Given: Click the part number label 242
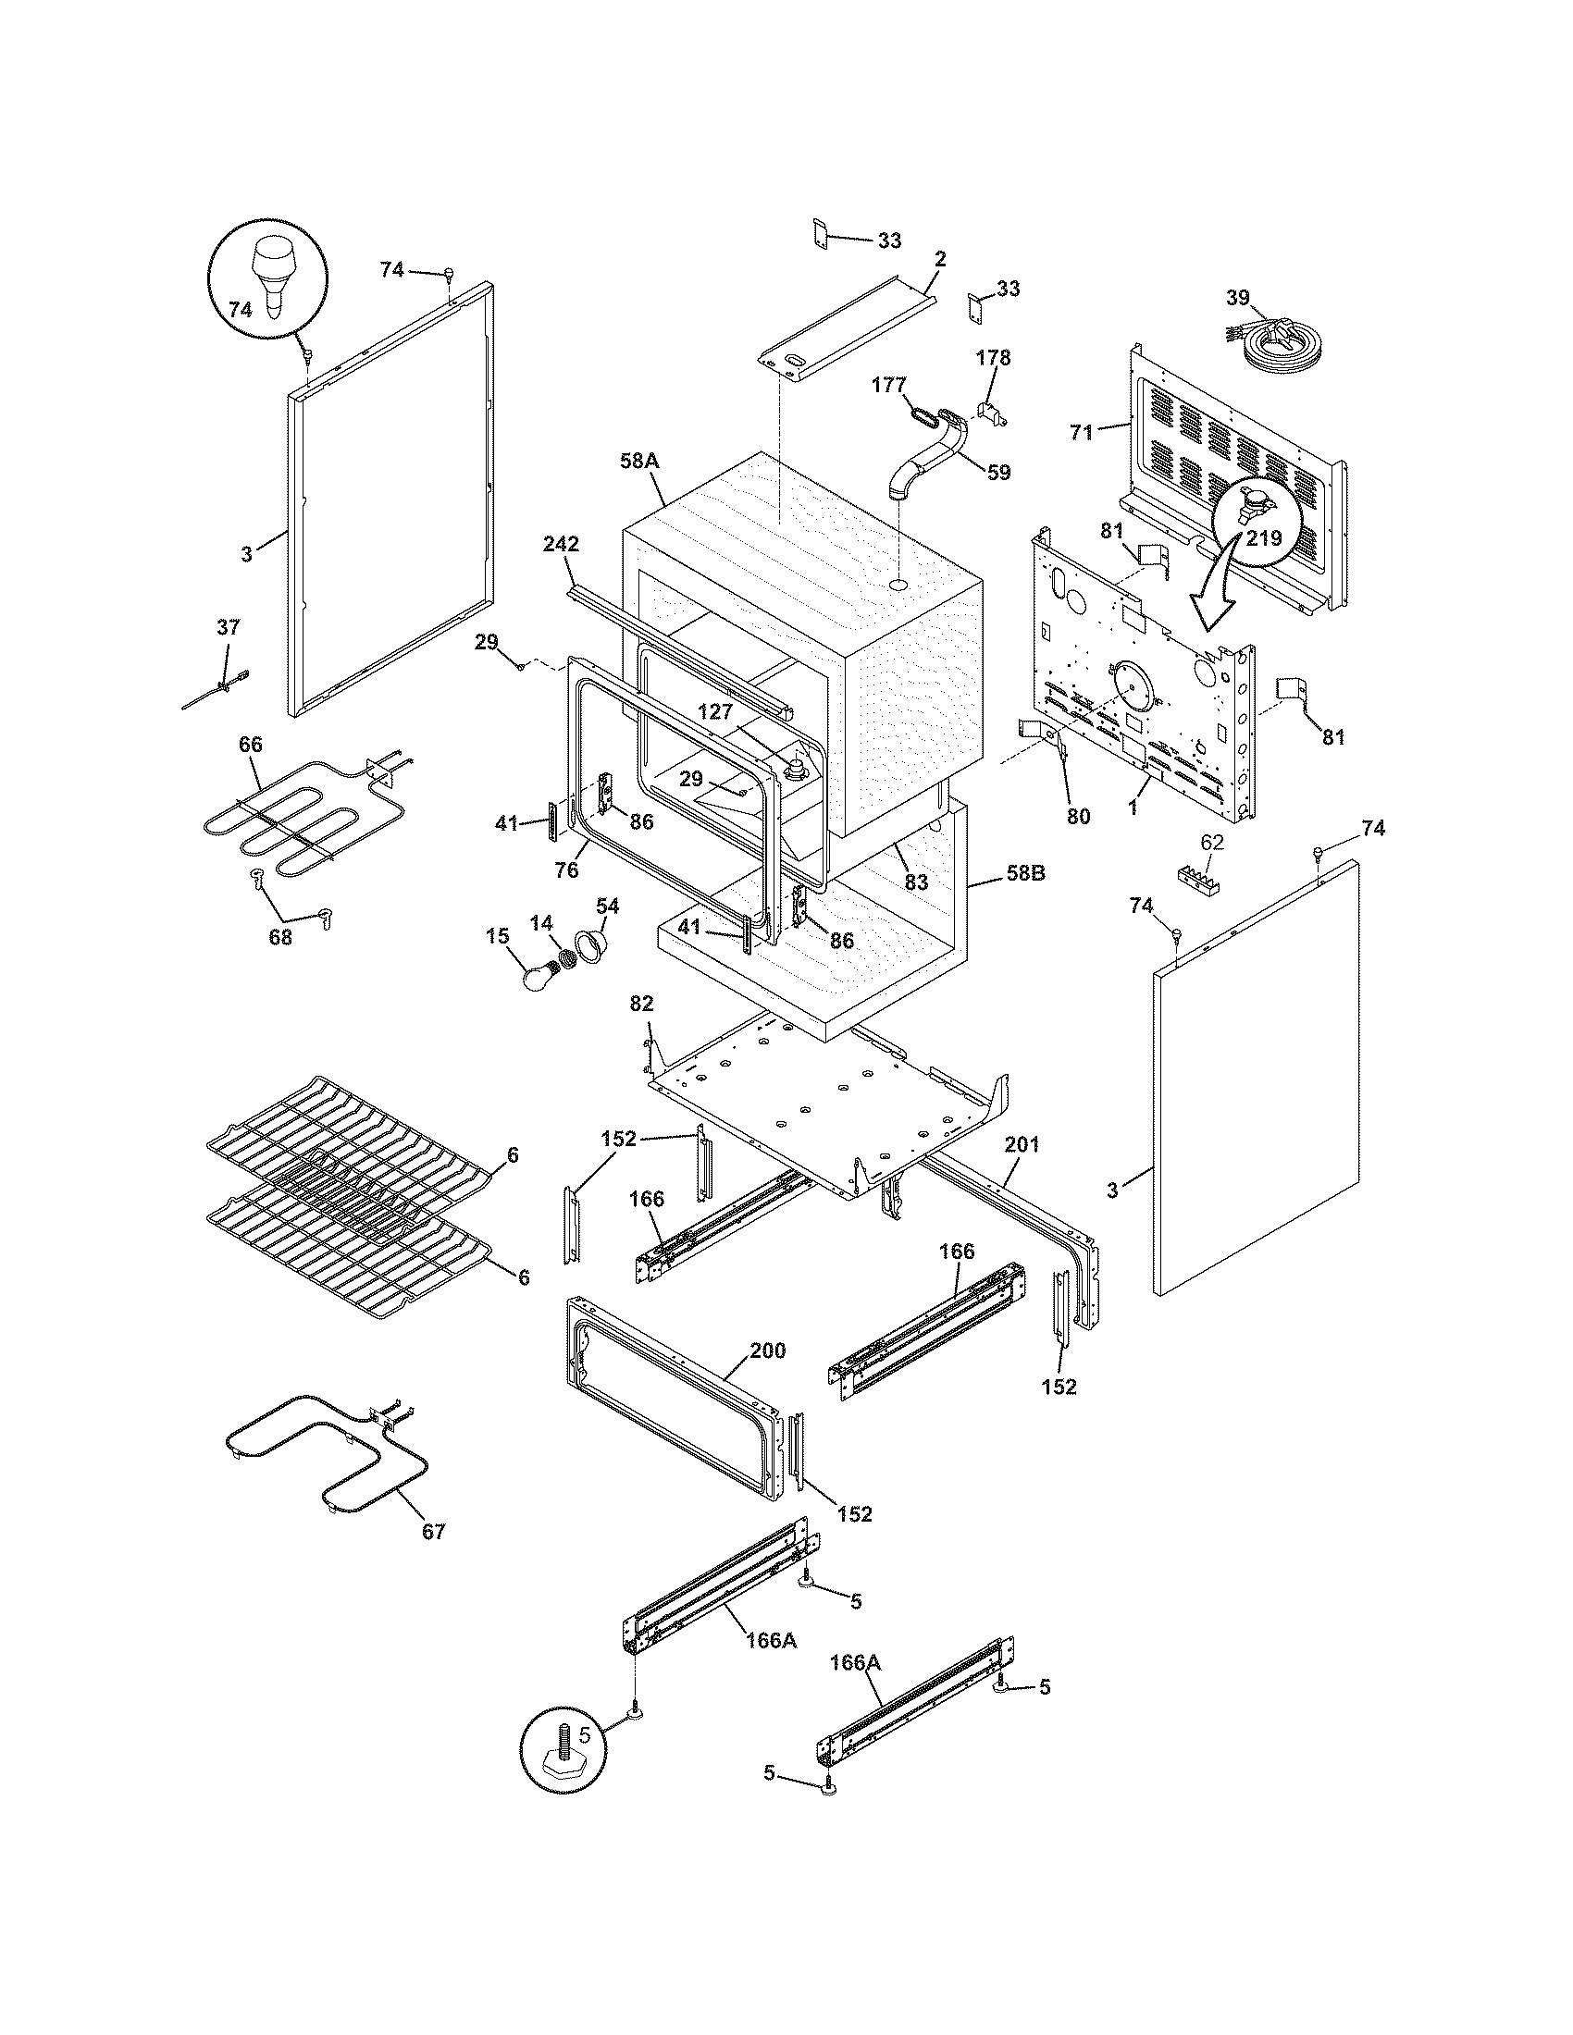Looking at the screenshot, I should (x=563, y=544).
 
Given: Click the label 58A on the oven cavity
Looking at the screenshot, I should (x=639, y=460).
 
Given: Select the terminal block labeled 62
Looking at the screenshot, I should (x=1208, y=878).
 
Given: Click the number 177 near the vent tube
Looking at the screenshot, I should (x=889, y=384).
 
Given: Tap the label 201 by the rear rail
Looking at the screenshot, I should (x=1022, y=1144).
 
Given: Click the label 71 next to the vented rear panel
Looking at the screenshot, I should (x=1081, y=432).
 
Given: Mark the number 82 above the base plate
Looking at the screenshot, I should (x=641, y=1004).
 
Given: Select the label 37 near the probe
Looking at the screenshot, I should (x=229, y=628).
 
